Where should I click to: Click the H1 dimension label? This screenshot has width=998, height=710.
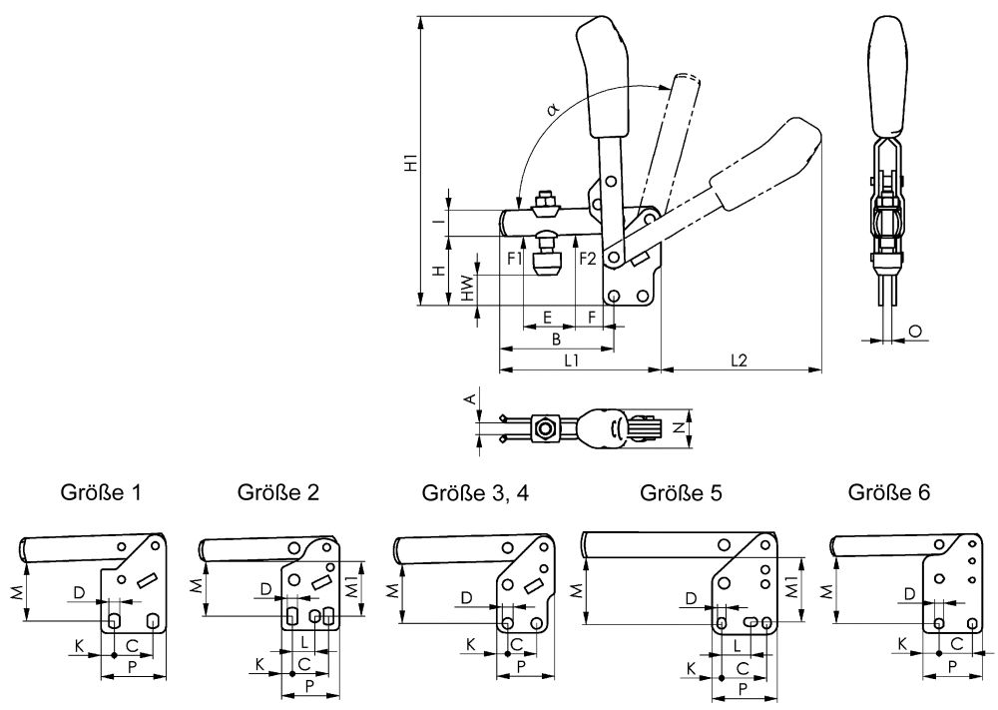(x=410, y=162)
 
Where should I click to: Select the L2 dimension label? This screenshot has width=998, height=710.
(x=740, y=359)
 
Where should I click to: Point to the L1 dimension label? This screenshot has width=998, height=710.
(x=573, y=359)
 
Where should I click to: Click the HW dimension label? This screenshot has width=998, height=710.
(x=466, y=288)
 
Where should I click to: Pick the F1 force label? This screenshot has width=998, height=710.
(x=515, y=259)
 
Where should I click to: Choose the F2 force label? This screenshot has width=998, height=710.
(x=587, y=259)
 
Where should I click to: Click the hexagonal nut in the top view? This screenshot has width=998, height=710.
(x=545, y=429)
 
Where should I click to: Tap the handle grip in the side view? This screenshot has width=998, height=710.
(x=891, y=75)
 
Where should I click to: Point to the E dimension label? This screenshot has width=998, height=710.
(x=547, y=317)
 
